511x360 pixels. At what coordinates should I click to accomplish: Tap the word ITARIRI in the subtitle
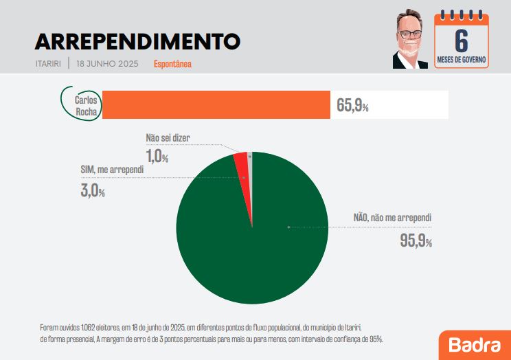(x=48, y=64)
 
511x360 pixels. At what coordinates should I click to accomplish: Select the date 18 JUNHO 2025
(x=108, y=64)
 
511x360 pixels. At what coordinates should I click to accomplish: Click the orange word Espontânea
(x=172, y=64)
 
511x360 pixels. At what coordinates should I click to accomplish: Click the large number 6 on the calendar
(x=462, y=38)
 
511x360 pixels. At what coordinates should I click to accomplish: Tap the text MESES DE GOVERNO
(x=462, y=60)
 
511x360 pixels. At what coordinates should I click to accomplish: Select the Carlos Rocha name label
(x=85, y=104)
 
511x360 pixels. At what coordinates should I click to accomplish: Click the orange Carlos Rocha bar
(x=216, y=105)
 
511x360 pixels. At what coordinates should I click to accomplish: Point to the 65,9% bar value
(x=352, y=106)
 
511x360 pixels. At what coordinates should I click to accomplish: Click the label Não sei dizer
(x=168, y=138)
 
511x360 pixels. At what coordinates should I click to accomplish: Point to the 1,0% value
(x=157, y=157)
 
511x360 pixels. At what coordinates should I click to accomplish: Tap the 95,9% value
(x=416, y=240)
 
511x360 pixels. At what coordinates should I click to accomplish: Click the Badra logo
(x=475, y=344)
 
